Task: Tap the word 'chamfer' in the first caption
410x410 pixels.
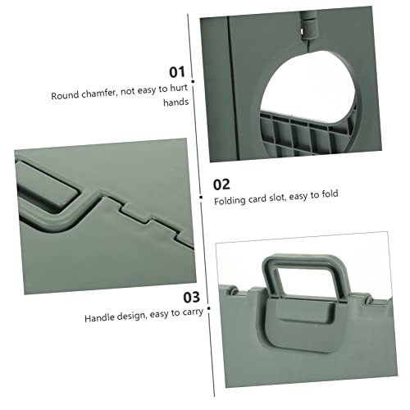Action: pos(101,95)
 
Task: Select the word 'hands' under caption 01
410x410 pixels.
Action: pos(176,103)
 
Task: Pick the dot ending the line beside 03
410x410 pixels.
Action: pos(207,310)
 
